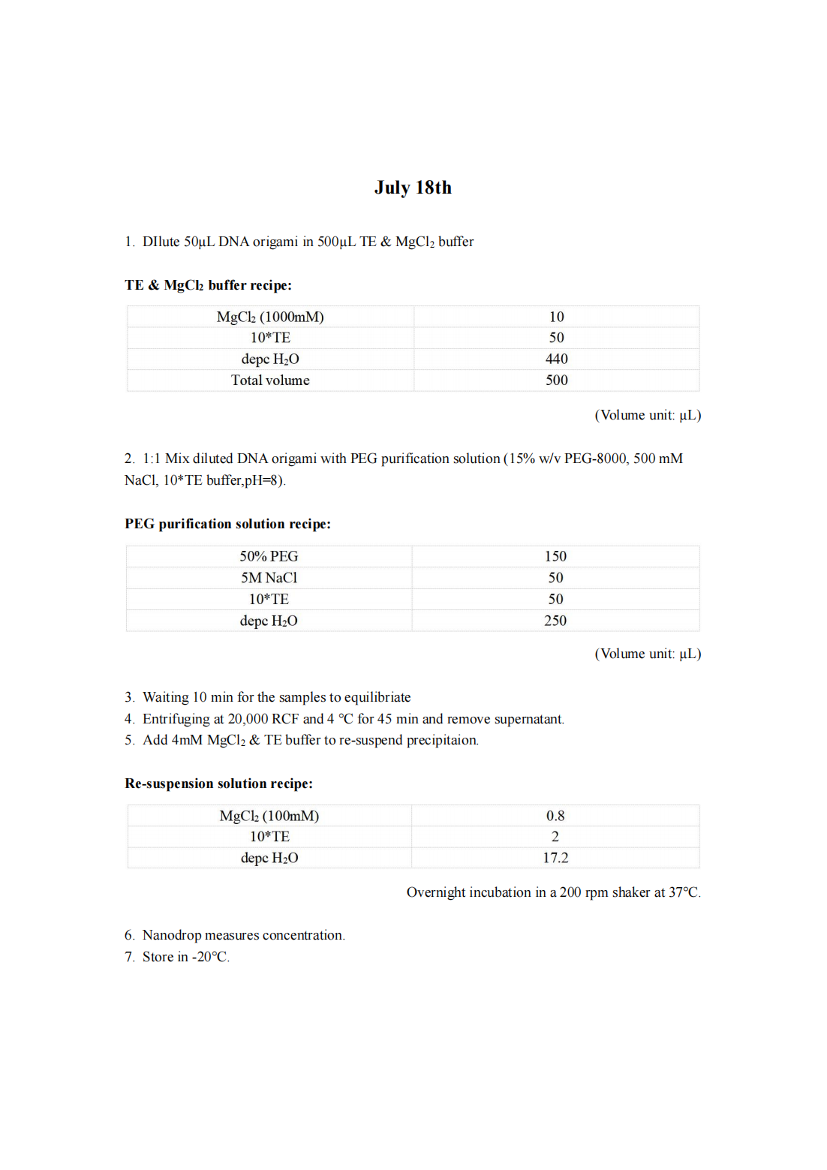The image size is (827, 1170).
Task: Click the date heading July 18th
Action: point(413,188)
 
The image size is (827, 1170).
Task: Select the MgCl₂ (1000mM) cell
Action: point(270,317)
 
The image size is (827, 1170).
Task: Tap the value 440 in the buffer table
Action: point(556,359)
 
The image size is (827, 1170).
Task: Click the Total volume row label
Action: point(270,380)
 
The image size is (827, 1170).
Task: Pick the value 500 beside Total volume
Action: point(556,380)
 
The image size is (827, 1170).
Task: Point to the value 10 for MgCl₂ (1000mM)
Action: point(556,317)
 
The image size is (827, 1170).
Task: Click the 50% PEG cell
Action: point(269,556)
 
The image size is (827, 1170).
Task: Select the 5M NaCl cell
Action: point(269,578)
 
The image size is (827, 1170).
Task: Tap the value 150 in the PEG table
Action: point(555,556)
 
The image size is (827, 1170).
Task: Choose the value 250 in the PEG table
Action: point(555,621)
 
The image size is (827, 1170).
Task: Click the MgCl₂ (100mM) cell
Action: point(269,816)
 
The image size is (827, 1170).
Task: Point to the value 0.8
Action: point(555,816)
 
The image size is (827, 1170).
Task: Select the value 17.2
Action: point(555,858)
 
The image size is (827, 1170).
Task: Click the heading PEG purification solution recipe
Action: point(227,524)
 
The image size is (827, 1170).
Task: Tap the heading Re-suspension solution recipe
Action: point(218,784)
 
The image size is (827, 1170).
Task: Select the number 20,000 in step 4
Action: point(248,719)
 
